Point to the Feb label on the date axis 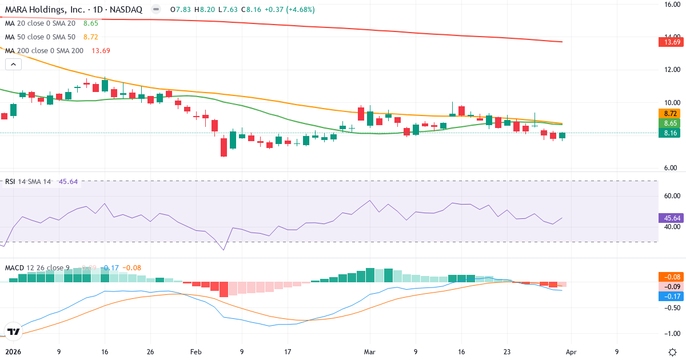pos(196,352)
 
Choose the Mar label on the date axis pos(369,352)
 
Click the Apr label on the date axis pos(572,352)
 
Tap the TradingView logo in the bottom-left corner pos(13,331)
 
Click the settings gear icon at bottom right pos(672,352)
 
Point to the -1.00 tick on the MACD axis pos(670,334)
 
